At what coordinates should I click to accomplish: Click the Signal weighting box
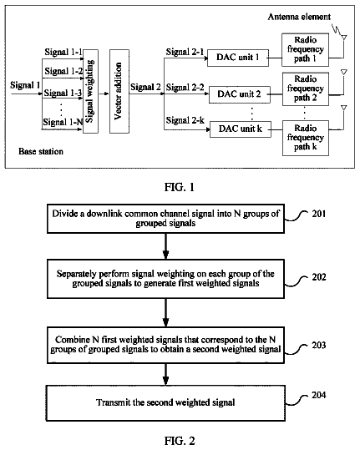coord(91,91)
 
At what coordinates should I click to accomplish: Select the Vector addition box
coord(119,91)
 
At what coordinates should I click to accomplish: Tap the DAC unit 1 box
coord(238,58)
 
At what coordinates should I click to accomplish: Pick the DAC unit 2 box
coord(240,94)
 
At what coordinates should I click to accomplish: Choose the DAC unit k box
coord(241,129)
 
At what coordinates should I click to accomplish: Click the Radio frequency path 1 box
coord(305,49)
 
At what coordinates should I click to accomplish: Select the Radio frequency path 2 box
coord(306,89)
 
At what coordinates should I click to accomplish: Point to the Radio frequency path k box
coord(306,138)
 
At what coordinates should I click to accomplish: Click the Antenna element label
coord(299,17)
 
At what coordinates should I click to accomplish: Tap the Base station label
coord(41,151)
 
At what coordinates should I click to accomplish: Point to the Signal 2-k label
coord(185,120)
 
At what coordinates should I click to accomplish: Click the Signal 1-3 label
coord(63,93)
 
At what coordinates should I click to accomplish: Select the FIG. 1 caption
coord(180,187)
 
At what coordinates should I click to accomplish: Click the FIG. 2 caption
coord(180,441)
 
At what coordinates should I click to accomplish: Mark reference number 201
coord(319,214)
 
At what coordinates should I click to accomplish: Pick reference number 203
coord(319,345)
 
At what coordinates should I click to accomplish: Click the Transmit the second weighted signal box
coord(165,403)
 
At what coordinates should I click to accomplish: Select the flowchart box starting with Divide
coord(165,219)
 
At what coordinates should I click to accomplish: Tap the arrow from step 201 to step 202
coord(165,246)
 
